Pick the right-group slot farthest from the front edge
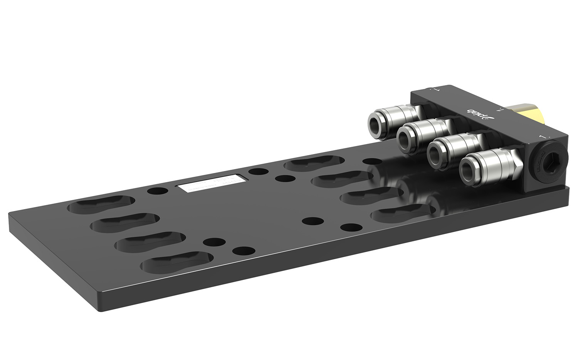click(x=314, y=163)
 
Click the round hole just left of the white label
click(x=158, y=191)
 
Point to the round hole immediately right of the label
click(x=258, y=171)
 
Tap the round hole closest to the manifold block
click(x=373, y=161)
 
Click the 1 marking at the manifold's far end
click(x=437, y=90)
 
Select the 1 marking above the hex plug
click(x=544, y=137)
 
